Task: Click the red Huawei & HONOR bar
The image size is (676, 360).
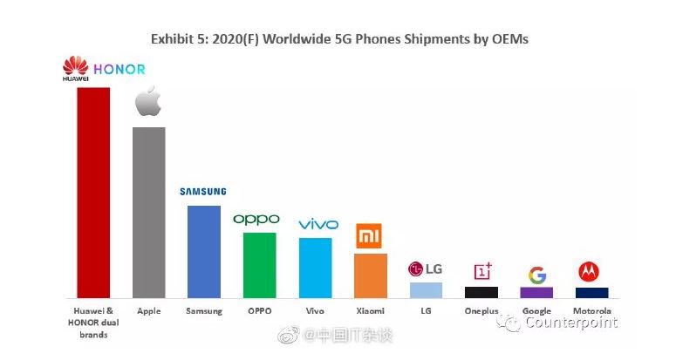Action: point(93,192)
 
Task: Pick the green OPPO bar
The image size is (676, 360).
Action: point(259,264)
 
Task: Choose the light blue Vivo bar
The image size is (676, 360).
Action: point(315,267)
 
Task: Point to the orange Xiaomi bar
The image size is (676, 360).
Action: point(370,275)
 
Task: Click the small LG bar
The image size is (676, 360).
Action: point(426,289)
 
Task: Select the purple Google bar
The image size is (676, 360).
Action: point(536,292)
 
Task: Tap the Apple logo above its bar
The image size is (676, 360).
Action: point(148,102)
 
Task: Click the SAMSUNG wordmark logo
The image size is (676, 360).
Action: point(203,192)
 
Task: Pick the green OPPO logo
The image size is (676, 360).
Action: point(256,219)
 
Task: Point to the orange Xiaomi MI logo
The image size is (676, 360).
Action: point(369,236)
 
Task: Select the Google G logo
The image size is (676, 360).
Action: point(536,274)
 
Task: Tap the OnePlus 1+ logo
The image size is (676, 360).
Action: point(481,272)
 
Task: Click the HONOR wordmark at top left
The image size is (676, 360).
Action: point(119,69)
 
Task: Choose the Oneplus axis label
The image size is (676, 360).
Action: point(481,311)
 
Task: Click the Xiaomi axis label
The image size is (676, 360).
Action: point(370,311)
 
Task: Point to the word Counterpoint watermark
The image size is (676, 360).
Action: point(571,323)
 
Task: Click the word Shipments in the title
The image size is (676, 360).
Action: point(413,40)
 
